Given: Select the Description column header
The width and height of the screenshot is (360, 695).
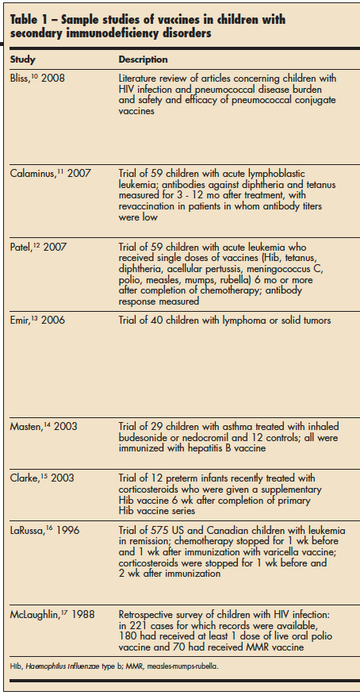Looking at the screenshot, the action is coord(144,60).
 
